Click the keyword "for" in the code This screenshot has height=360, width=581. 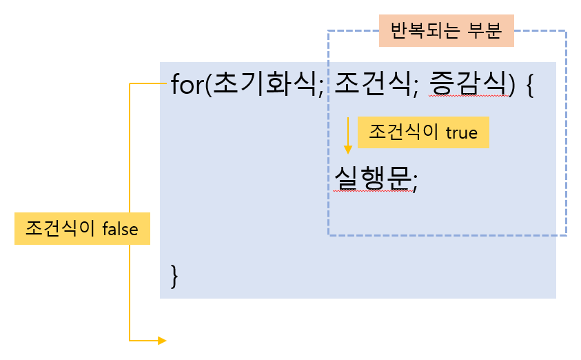[186, 86]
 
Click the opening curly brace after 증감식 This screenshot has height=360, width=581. [529, 88]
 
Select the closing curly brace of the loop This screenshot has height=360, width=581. [175, 276]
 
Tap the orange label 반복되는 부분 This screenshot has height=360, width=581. [447, 32]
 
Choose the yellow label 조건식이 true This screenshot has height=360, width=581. [423, 132]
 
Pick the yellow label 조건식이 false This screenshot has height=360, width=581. [82, 229]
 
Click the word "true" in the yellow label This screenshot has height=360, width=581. [461, 132]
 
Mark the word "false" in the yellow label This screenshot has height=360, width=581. [120, 229]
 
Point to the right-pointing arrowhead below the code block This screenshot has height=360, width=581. [161, 340]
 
